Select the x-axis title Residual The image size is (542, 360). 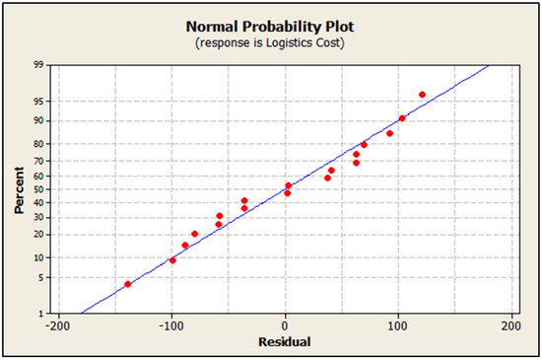pos(285,341)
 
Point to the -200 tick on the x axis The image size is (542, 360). pos(58,325)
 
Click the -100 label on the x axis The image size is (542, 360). pos(171,325)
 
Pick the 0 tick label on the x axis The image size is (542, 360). pos(286,325)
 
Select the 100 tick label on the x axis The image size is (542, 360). pos(398,325)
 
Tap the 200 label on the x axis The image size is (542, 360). pos(511,325)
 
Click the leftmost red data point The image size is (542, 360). pos(128,284)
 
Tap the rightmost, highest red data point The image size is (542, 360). pos(422,95)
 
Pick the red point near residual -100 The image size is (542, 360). pos(172,260)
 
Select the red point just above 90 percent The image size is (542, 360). pos(402,118)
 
